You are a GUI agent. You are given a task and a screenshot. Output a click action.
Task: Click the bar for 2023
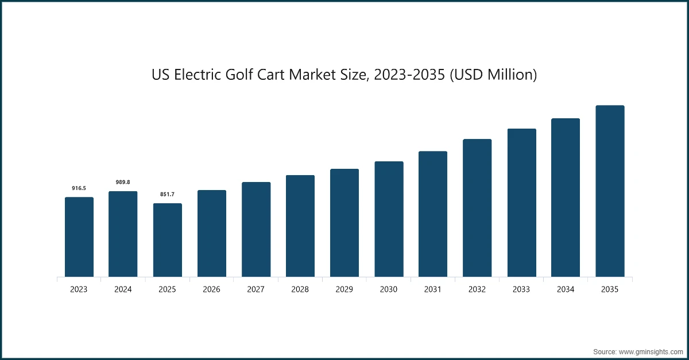tap(79, 237)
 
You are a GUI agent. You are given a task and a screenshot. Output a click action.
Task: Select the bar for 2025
tap(167, 240)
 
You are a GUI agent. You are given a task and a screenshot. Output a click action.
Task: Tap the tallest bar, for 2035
tap(609, 191)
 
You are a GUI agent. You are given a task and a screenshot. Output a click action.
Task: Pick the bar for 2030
tap(389, 219)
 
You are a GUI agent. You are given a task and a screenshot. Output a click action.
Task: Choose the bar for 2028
tap(300, 226)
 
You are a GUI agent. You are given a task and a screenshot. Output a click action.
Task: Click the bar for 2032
tap(477, 208)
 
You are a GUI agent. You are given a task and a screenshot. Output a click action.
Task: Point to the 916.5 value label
tap(79, 188)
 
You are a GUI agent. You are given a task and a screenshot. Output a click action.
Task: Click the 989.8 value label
tap(123, 182)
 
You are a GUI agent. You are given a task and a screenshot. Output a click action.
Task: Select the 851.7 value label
tap(167, 195)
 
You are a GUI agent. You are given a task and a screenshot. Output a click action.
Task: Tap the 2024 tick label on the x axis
tap(123, 290)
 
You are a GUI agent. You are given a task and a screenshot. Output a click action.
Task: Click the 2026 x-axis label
tap(211, 290)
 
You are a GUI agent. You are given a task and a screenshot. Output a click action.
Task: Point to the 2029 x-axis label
tap(344, 290)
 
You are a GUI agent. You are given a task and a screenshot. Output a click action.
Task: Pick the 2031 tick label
tap(433, 290)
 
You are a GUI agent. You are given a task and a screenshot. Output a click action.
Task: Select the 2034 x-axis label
tap(566, 290)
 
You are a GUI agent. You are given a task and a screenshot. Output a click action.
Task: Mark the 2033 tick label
tap(521, 290)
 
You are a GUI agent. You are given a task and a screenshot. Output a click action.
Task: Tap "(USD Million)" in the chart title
tap(492, 75)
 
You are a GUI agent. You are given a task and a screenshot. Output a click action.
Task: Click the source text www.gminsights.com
tap(651, 350)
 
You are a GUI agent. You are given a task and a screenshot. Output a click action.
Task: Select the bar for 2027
tap(256, 230)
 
